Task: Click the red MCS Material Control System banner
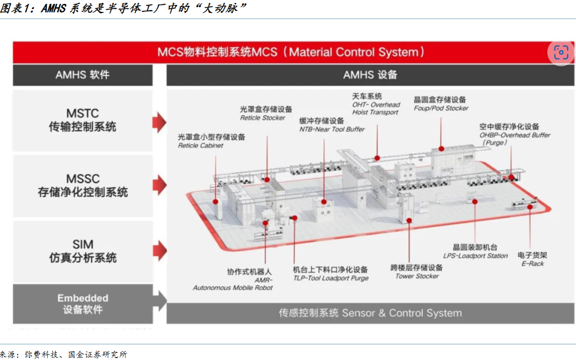293,52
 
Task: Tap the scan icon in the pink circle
561,53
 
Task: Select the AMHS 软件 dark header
83,75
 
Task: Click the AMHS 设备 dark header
370,75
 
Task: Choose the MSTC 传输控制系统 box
83,120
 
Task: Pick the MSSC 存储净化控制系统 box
83,186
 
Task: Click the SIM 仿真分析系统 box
83,251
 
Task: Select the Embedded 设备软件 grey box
83,304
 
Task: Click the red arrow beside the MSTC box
160,122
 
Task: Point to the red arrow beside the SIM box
160,251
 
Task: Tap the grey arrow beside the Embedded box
160,301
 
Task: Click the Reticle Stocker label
263,118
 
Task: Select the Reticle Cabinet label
201,146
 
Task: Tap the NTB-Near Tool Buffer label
332,129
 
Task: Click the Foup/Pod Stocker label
441,108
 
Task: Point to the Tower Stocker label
417,276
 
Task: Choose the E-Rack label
533,264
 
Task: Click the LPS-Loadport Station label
475,256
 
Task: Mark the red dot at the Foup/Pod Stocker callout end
441,148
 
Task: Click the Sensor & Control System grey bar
370,313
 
